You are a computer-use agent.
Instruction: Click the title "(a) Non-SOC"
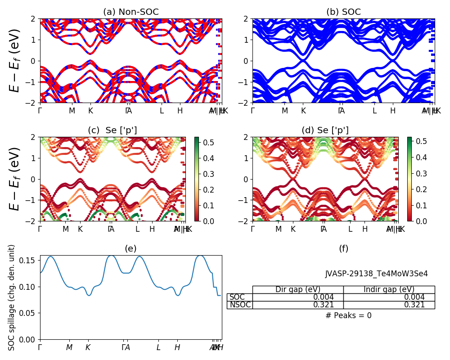[130, 12]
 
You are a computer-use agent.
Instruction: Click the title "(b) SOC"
[343, 12]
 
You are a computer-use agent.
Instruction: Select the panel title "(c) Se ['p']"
[112, 130]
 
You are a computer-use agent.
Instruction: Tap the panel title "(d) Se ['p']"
[325, 130]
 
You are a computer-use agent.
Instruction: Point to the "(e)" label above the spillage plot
[130, 249]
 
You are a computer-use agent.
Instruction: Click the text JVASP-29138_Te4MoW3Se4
[376, 274]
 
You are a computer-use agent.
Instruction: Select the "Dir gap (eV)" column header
[298, 289]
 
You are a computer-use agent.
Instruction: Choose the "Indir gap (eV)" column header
[389, 289]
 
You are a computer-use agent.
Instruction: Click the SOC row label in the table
[237, 297]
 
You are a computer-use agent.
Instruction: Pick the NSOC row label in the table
[240, 305]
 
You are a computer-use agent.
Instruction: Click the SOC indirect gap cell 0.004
[414, 297]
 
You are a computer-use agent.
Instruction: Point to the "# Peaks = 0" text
[348, 315]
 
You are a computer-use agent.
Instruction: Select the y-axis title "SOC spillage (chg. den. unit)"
[12, 297]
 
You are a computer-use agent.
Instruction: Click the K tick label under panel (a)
[90, 111]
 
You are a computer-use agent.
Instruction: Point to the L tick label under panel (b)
[374, 111]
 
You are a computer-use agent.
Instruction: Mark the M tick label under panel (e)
[69, 347]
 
